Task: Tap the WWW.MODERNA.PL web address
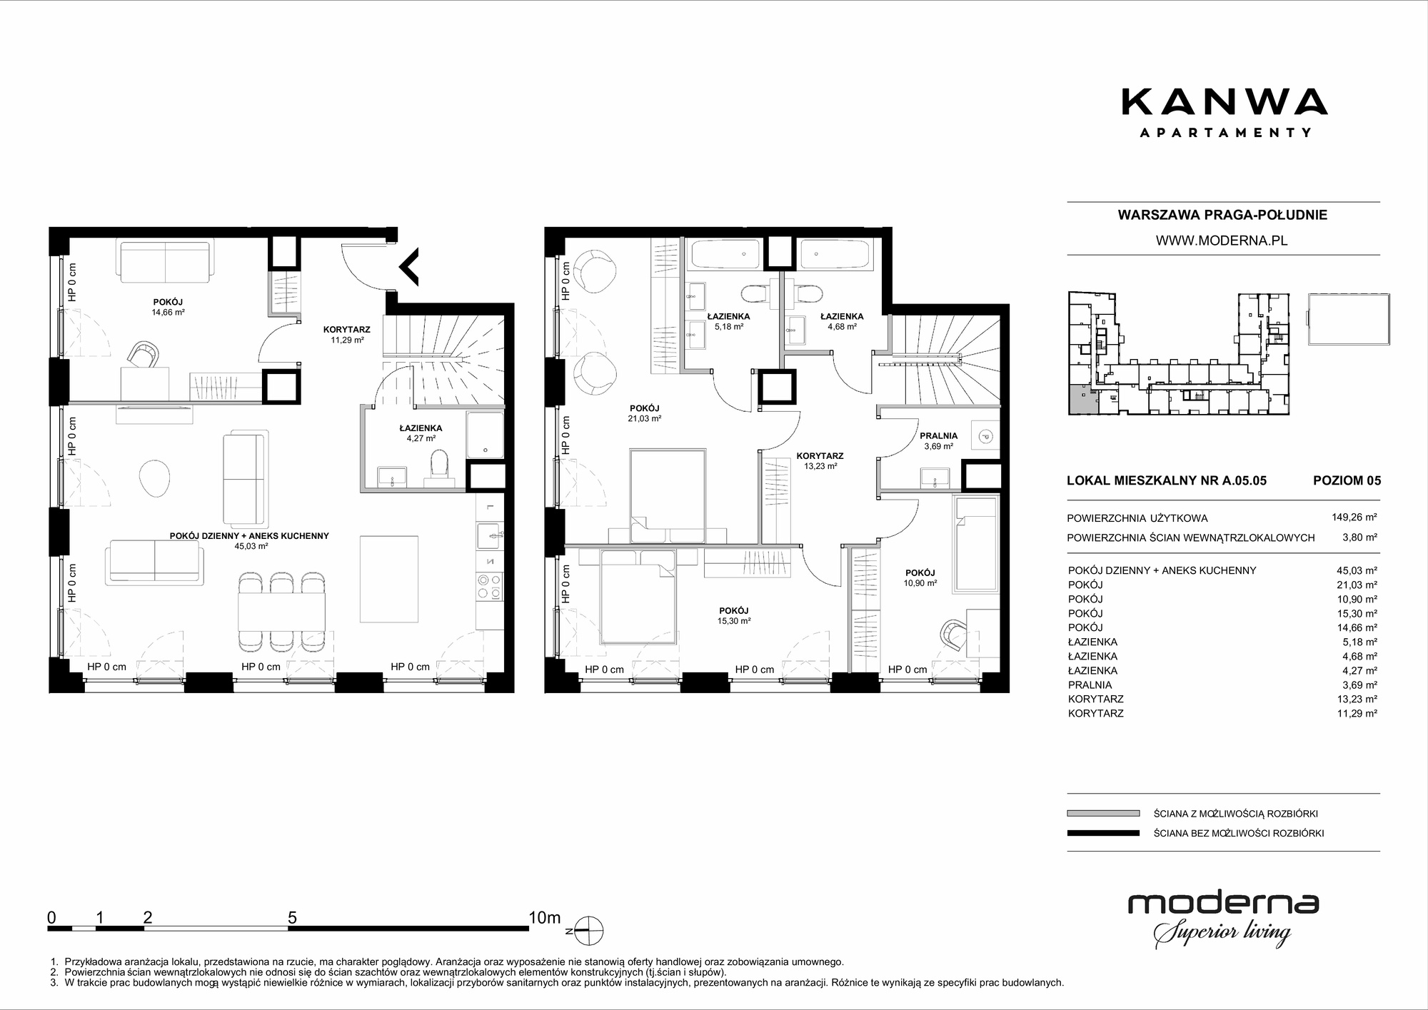click(x=1222, y=241)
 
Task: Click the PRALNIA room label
click(x=938, y=435)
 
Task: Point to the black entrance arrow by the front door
click(x=409, y=266)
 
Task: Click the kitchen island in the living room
click(x=389, y=579)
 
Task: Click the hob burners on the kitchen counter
click(x=490, y=586)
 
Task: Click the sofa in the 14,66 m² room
click(x=165, y=262)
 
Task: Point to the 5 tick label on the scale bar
click(x=292, y=917)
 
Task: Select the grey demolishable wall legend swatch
click(x=1103, y=813)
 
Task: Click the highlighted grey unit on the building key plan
click(x=1082, y=400)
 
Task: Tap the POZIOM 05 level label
click(x=1347, y=480)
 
